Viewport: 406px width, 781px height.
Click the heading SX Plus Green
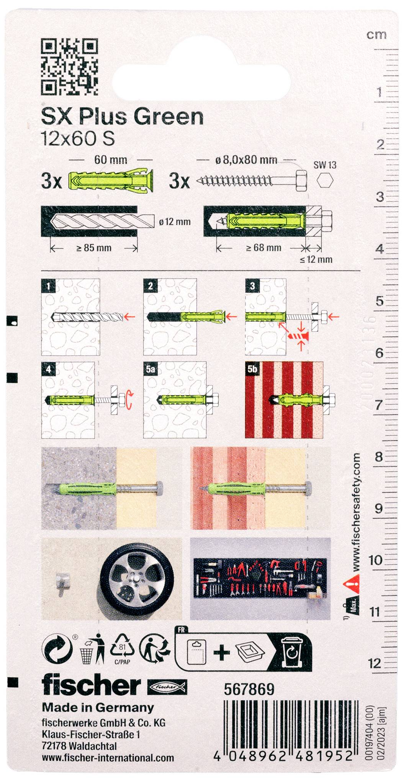pos(122,117)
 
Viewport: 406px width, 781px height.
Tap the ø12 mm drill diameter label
pos(175,222)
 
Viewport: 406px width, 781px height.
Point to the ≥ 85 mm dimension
pos(94,248)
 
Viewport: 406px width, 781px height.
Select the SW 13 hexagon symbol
pos(325,180)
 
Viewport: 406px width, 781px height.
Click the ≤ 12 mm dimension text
pos(316,260)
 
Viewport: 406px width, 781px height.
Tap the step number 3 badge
pos(252,286)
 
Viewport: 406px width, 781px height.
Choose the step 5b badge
pos(252,369)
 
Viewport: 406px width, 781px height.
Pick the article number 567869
pos(249,690)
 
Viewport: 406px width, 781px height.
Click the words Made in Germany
pos(98,707)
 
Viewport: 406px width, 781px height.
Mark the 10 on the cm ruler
pos(375,560)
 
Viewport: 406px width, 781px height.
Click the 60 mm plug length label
pos(111,159)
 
